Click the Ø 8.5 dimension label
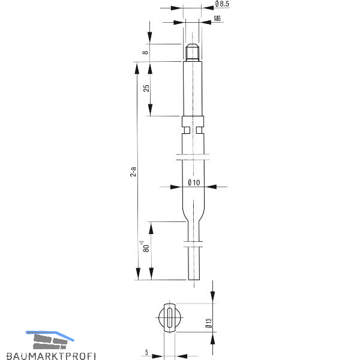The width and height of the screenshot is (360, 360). tap(222, 4)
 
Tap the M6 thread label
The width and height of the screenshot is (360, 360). tap(217, 19)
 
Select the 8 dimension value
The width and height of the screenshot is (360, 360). tap(145, 53)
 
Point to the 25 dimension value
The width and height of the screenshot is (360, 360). tap(146, 88)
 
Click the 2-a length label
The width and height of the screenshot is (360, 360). tap(133, 172)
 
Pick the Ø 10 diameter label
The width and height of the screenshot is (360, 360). tap(194, 183)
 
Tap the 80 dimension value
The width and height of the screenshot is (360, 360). tap(146, 248)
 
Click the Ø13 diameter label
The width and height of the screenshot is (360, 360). tap(209, 323)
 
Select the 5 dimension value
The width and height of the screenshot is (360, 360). tap(147, 352)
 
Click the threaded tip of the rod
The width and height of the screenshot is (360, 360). tap(193, 52)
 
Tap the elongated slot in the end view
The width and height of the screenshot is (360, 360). tap(170, 317)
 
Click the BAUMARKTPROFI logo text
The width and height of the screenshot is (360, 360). tap(51, 356)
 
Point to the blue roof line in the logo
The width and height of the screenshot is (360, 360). tap(50, 335)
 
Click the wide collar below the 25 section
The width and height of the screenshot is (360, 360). tap(193, 121)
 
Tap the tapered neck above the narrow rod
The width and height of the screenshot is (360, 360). tap(193, 214)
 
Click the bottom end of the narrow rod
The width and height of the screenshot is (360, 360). tap(194, 280)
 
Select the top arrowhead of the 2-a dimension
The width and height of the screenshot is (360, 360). tap(137, 68)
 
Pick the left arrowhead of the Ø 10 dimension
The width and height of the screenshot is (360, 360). tap(176, 187)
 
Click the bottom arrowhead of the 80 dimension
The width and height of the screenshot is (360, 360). tap(151, 274)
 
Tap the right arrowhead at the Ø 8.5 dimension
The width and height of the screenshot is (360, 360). tap(208, 8)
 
